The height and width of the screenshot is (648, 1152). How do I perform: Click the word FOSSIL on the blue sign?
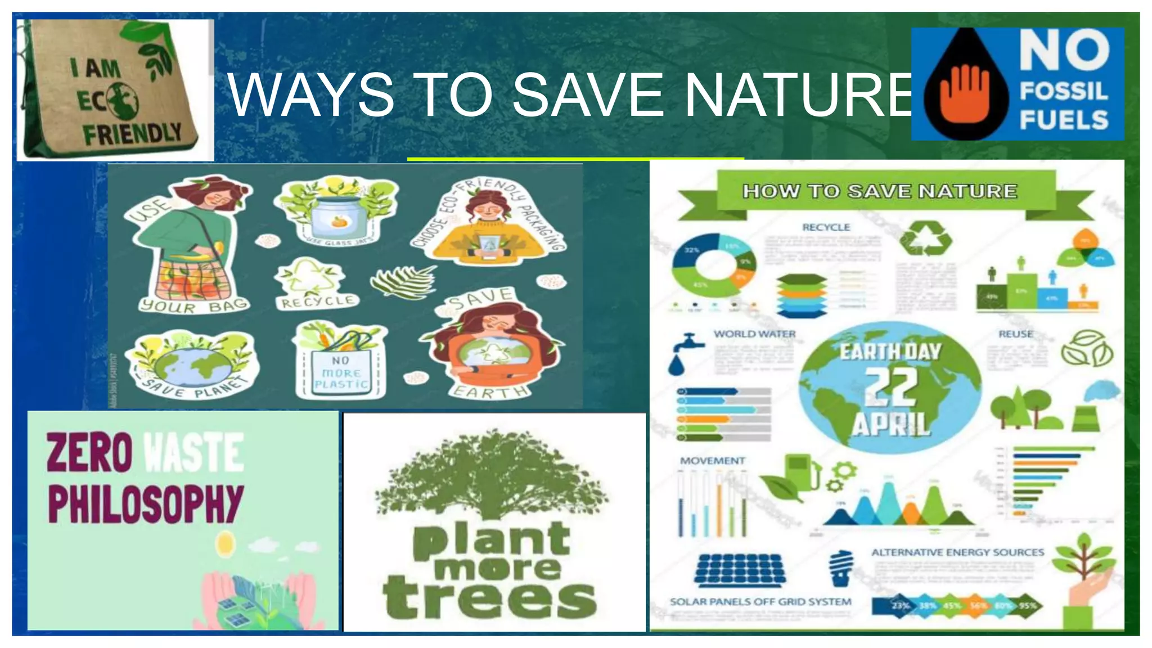click(x=1063, y=91)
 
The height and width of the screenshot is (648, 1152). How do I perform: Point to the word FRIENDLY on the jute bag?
click(x=133, y=134)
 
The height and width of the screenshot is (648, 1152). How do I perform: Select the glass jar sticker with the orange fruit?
click(x=336, y=214)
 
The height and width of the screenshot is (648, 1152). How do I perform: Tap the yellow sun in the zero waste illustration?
click(x=225, y=543)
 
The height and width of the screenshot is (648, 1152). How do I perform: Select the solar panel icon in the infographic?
click(x=740, y=570)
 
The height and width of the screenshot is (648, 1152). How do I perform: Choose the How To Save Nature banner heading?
click(x=880, y=191)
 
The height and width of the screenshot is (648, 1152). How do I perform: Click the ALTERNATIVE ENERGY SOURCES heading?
click(x=957, y=552)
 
